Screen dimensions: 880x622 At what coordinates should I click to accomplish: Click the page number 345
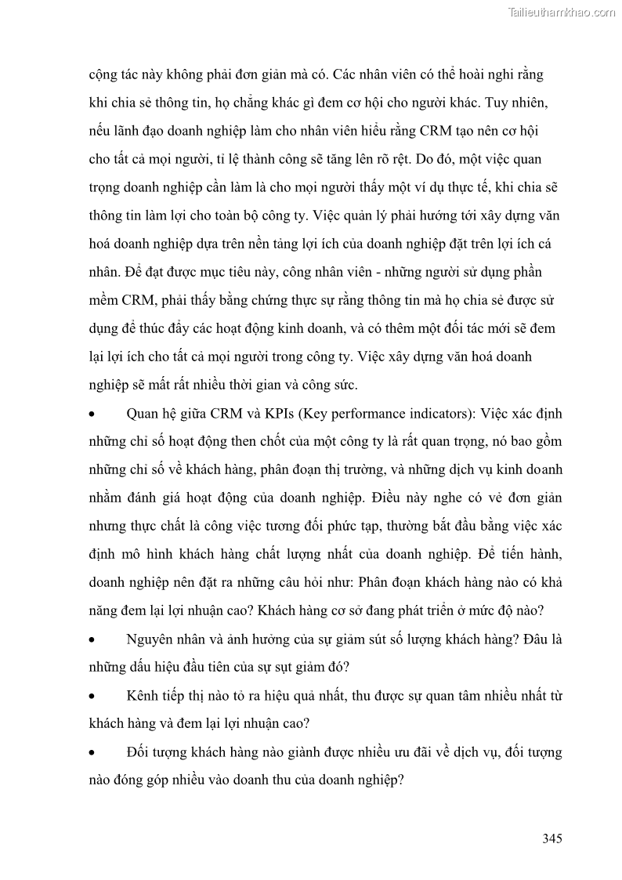click(x=552, y=838)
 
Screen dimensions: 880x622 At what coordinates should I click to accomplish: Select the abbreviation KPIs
click(x=277, y=413)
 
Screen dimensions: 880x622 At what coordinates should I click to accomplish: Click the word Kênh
click(x=142, y=696)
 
